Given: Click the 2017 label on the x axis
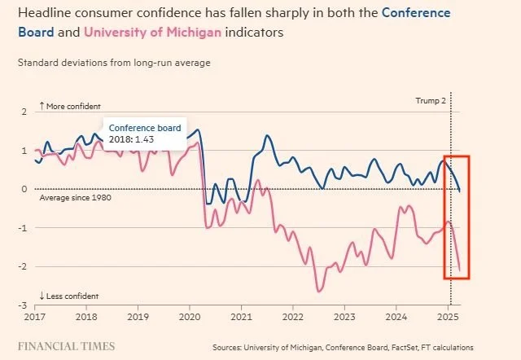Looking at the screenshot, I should pyautogui.click(x=35, y=314).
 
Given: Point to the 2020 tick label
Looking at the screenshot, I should pyautogui.click(x=189, y=314).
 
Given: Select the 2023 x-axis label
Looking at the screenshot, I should pyautogui.click(x=344, y=314).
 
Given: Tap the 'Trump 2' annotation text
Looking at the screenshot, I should pyautogui.click(x=431, y=101).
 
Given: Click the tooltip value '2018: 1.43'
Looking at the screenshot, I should pyautogui.click(x=132, y=139).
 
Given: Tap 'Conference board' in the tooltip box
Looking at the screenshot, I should pyautogui.click(x=145, y=128).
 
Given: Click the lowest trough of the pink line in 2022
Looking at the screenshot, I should pyautogui.click(x=319, y=291).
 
